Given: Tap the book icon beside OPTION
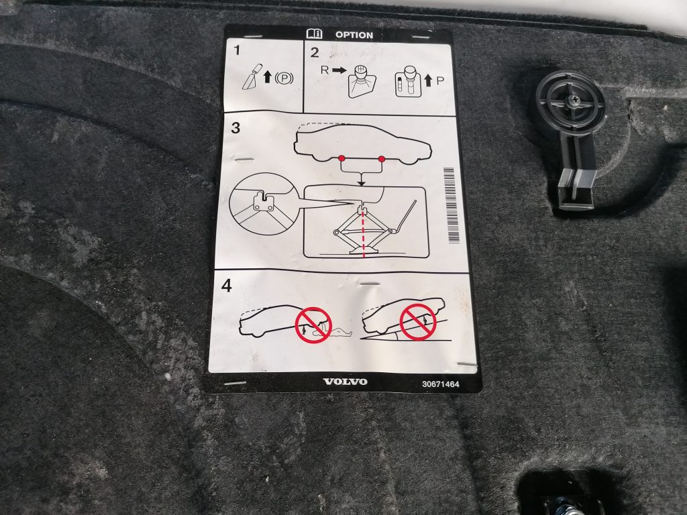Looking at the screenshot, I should click(x=313, y=34).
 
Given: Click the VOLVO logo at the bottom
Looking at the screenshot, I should click(x=345, y=382).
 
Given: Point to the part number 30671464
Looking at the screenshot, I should click(x=441, y=385).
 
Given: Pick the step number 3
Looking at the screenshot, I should click(x=235, y=129).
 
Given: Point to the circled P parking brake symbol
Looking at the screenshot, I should click(x=284, y=78).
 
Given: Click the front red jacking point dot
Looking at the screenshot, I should click(x=382, y=159).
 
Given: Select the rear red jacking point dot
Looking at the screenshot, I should click(x=341, y=159).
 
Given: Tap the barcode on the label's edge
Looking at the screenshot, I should click(x=451, y=205).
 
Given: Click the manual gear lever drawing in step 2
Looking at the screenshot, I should click(x=360, y=81).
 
